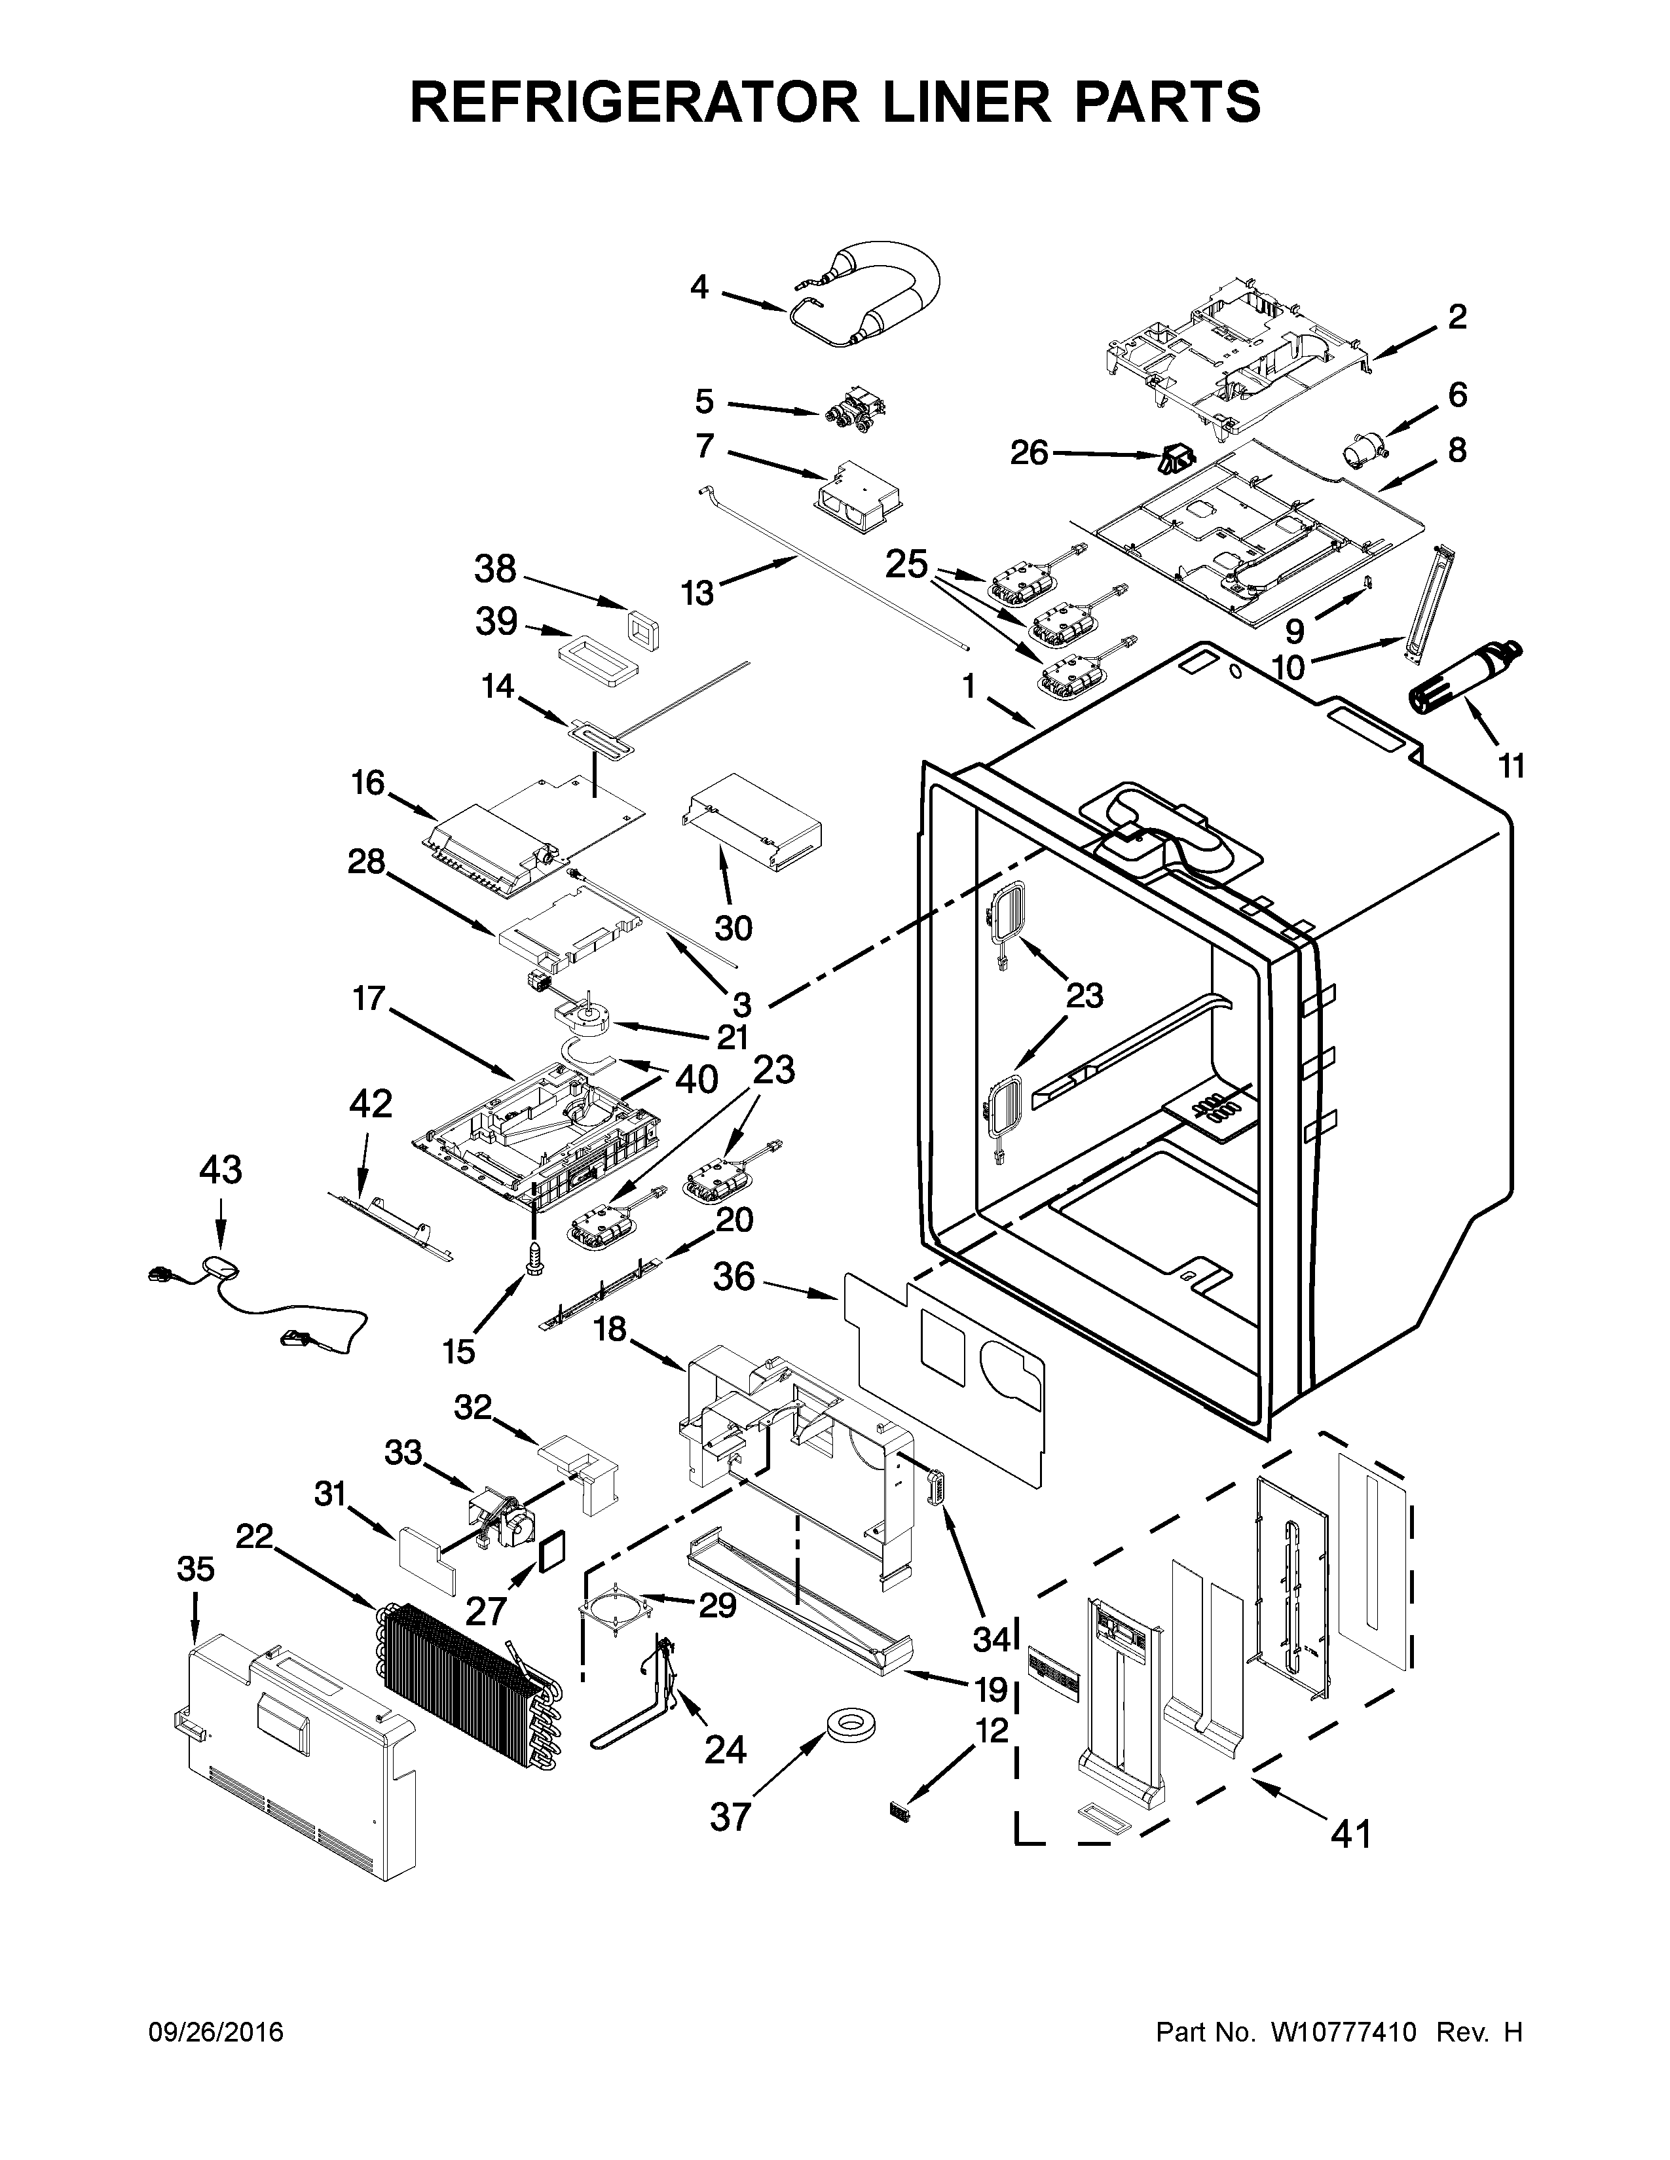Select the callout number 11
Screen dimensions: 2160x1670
[1511, 766]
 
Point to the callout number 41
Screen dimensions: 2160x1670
[1350, 1835]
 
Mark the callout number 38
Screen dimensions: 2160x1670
[494, 569]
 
